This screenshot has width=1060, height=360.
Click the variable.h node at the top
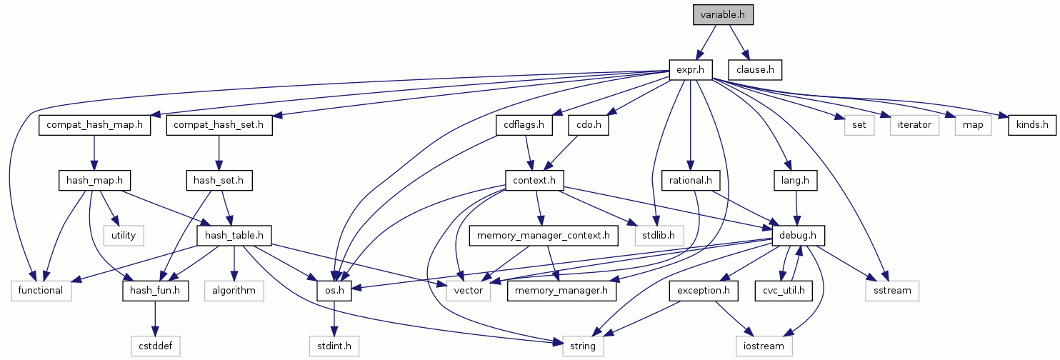(x=723, y=15)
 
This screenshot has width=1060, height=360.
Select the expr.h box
(x=691, y=70)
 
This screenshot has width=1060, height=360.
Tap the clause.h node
(x=755, y=70)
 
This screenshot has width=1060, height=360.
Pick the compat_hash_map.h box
(x=95, y=125)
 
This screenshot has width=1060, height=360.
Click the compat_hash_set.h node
(x=219, y=125)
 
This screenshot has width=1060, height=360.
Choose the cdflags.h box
(x=524, y=125)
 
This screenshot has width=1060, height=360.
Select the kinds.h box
(x=1028, y=125)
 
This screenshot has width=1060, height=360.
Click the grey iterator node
(x=914, y=125)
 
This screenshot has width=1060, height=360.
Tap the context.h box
(x=534, y=180)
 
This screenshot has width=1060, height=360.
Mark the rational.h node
(x=690, y=180)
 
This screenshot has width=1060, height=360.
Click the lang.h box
(x=795, y=180)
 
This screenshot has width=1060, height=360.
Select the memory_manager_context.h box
(x=544, y=235)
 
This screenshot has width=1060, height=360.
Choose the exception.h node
(x=704, y=290)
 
